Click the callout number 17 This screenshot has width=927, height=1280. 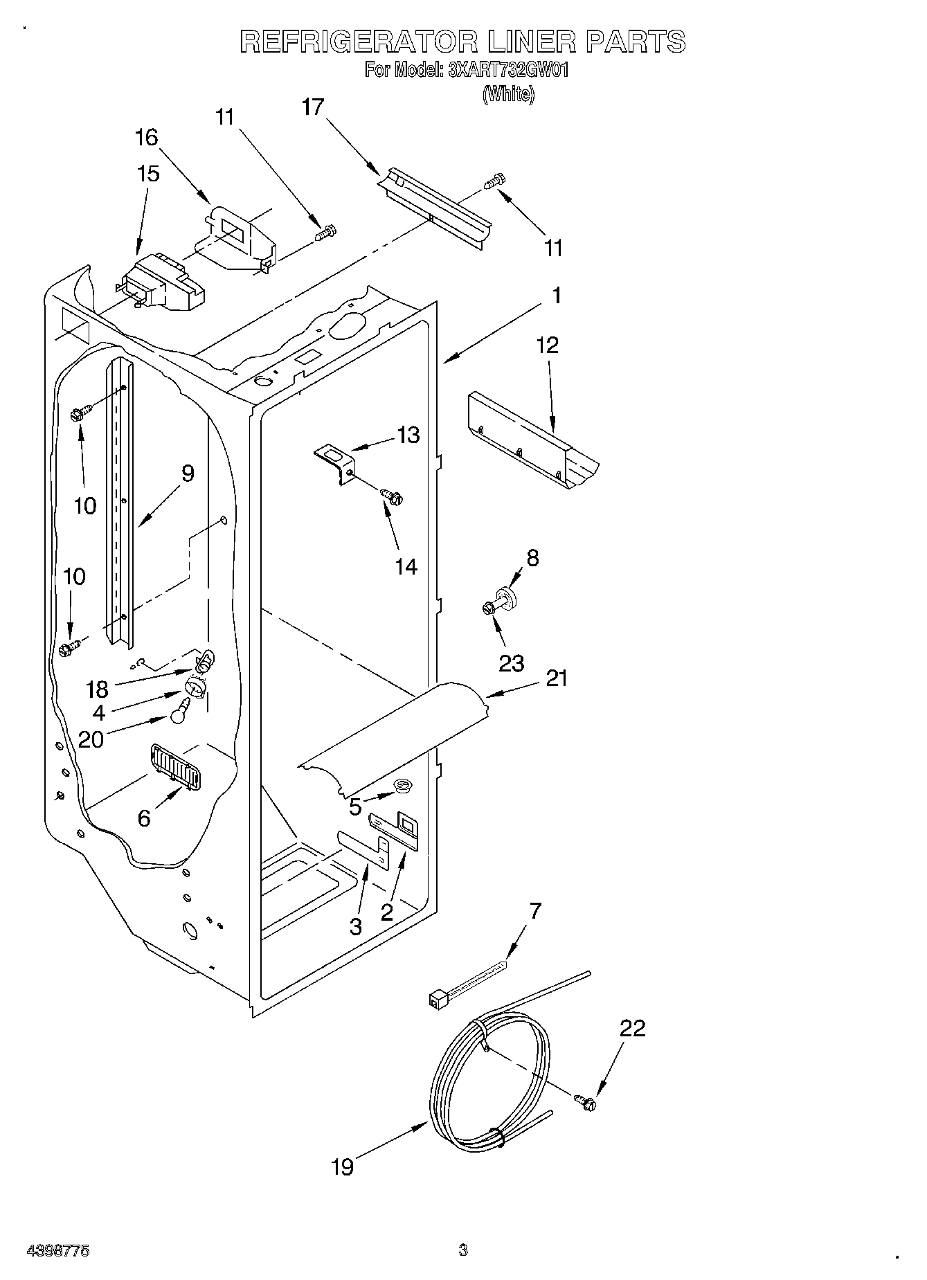[x=313, y=107]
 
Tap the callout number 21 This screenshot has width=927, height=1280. [x=556, y=678]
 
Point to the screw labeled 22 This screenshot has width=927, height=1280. [x=586, y=1102]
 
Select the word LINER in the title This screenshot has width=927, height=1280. [x=532, y=42]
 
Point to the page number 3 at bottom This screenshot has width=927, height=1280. [x=463, y=1250]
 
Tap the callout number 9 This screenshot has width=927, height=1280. [x=187, y=474]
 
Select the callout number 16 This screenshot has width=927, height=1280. [x=146, y=138]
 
